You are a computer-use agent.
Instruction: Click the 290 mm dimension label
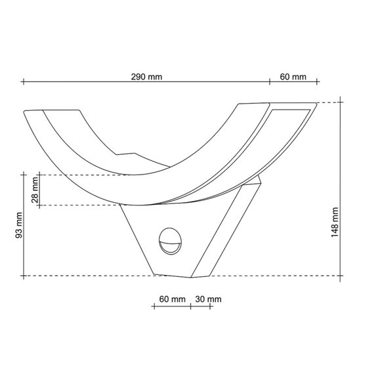coord(146,77)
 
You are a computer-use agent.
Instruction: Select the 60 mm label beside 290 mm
coord(293,77)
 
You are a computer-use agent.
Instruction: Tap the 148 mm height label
coord(335,222)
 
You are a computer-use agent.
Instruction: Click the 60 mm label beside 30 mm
coord(172,299)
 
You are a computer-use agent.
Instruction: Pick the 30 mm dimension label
coord(209,299)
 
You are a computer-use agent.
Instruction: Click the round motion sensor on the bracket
coord(170,242)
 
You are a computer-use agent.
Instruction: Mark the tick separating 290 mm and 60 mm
coord(270,82)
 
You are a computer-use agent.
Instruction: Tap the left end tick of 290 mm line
coord(23,82)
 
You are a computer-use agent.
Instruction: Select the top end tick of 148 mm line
coord(341,102)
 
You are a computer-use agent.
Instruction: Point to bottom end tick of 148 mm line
coord(341,276)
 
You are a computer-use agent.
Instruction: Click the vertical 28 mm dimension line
coord(40,191)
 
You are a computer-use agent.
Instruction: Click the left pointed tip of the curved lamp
coord(24,112)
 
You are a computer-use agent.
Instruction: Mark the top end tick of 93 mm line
coord(24,175)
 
